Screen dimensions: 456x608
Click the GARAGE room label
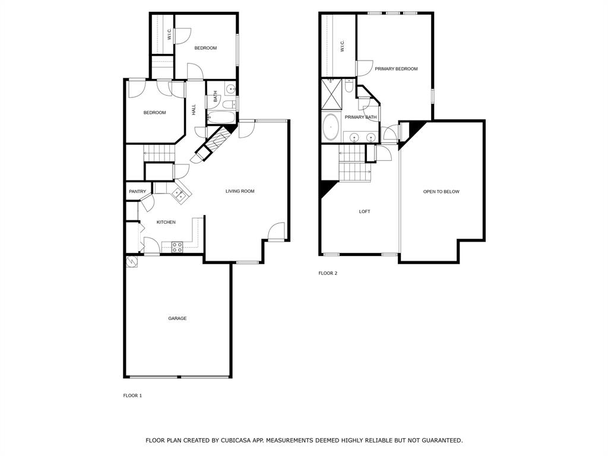pos(177,318)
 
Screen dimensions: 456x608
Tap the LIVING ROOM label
pos(240,191)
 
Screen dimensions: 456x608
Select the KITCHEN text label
pos(166,222)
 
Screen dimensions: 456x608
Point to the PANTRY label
pos(137,191)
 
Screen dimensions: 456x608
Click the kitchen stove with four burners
pos(177,247)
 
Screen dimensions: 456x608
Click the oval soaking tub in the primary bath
pos(331,126)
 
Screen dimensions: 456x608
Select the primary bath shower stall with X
pos(331,94)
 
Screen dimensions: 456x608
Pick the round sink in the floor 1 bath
pos(231,89)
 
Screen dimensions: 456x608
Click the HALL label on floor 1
pos(194,109)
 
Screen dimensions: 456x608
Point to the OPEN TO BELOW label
pos(441,191)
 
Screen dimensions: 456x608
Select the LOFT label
pos(365,211)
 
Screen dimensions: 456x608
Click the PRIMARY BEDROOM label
pos(395,69)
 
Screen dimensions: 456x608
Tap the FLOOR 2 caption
pos(328,273)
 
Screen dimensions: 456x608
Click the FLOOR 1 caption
pos(132,395)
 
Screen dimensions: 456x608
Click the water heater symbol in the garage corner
pos(131,261)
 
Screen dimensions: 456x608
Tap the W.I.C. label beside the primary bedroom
pos(343,46)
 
